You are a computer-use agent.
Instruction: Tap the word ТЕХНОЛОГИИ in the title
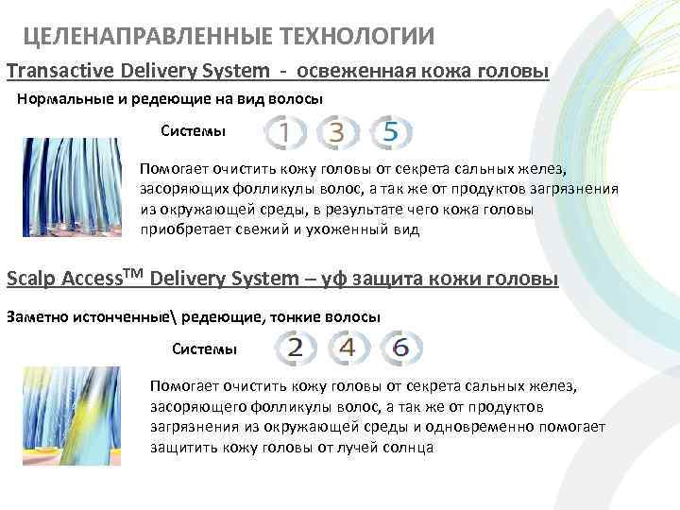click(x=358, y=37)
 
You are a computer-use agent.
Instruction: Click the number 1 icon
click(x=282, y=132)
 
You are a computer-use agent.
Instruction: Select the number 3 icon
click(x=335, y=132)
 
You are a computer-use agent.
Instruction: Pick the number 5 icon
click(x=389, y=132)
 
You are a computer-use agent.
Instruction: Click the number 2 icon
click(x=295, y=348)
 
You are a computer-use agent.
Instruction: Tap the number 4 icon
click(x=347, y=348)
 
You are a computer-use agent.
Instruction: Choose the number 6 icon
click(x=399, y=348)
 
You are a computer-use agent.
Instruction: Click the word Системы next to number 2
click(x=204, y=348)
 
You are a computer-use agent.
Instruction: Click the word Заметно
click(x=38, y=316)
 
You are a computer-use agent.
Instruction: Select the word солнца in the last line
click(x=407, y=448)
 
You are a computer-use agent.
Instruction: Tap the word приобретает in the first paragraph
click(x=185, y=229)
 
